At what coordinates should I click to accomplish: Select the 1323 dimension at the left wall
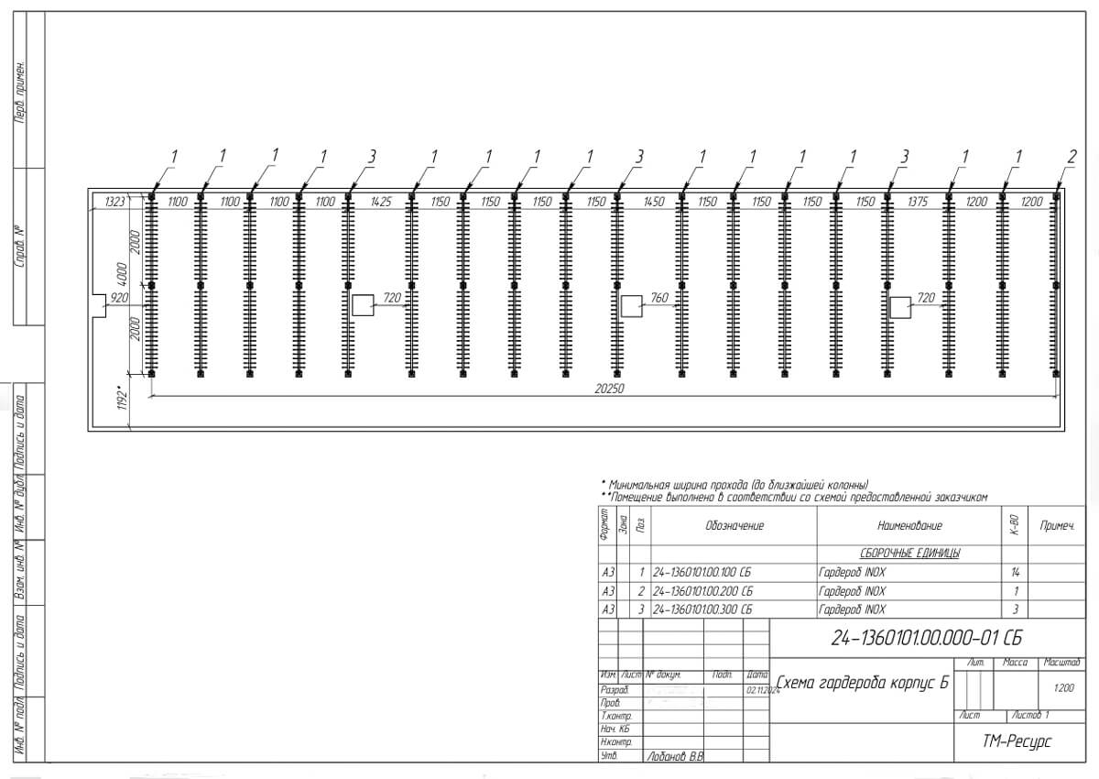[x=114, y=201]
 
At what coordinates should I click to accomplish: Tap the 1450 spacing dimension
[x=653, y=201]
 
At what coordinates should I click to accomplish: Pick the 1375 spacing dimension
[x=919, y=201]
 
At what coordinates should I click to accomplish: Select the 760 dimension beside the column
[x=658, y=298]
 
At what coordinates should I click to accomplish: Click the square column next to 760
[x=631, y=306]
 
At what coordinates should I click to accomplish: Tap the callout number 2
[x=1072, y=157]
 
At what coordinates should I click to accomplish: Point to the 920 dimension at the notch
[x=119, y=298]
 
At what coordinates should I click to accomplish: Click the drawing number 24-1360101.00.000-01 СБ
[x=926, y=638]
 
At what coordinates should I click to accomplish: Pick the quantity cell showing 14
[x=1014, y=573]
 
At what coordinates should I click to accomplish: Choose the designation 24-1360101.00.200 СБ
[x=702, y=591]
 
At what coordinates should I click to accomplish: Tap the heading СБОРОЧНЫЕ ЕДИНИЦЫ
[x=909, y=554]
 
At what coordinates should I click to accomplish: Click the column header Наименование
[x=909, y=526]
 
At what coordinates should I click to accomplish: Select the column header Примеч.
[x=1058, y=526]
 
